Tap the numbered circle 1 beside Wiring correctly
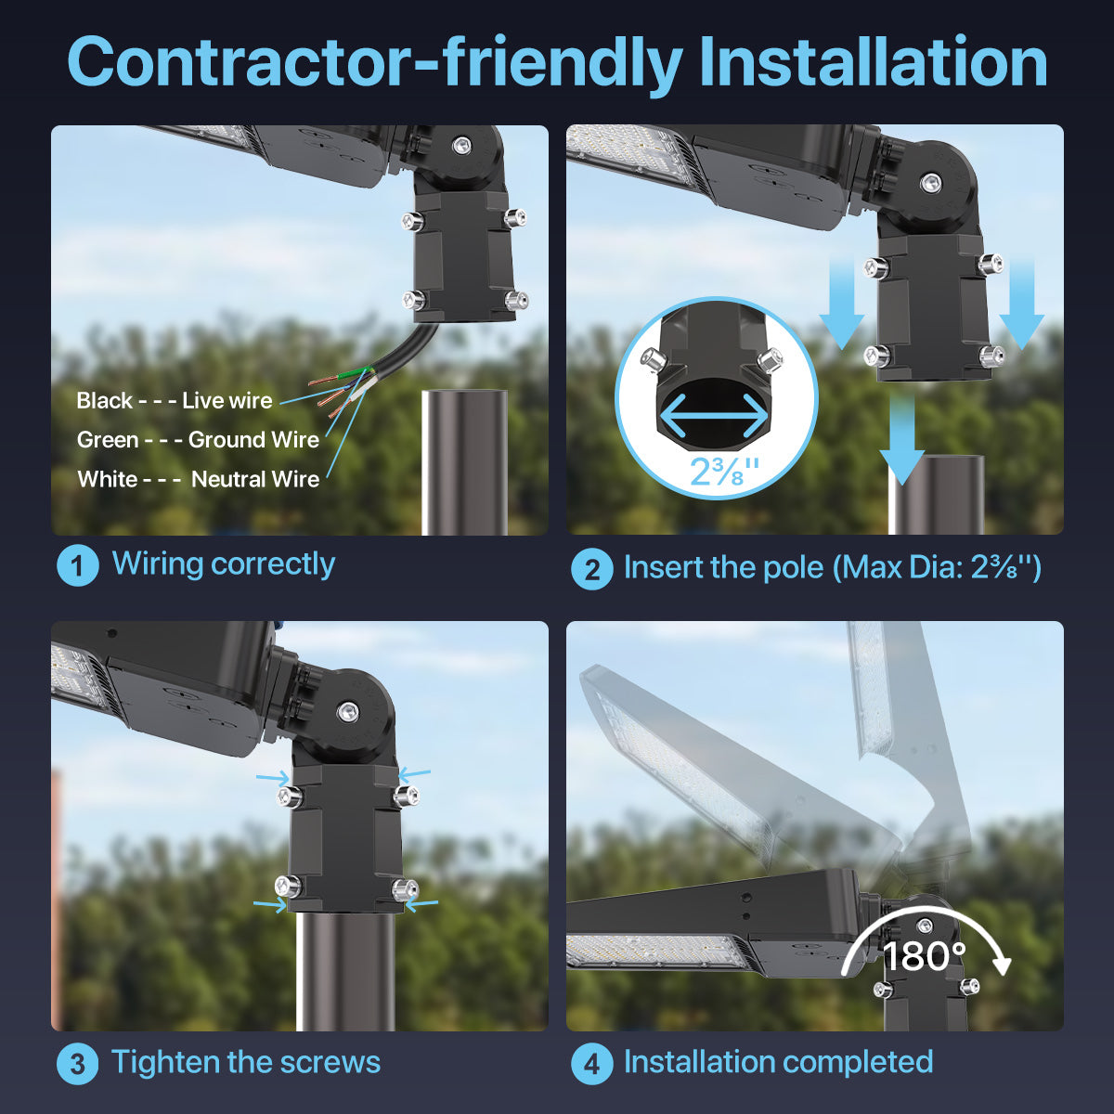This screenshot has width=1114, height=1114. click(78, 565)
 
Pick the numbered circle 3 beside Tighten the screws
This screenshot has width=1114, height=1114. click(78, 1064)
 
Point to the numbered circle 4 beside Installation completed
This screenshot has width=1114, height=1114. click(592, 1064)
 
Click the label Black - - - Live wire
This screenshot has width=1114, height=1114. click(175, 401)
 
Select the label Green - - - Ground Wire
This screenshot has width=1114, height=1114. click(198, 440)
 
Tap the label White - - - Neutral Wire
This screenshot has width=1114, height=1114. click(198, 480)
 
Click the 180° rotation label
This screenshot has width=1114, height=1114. click(924, 956)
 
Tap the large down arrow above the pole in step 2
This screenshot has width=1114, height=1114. click(901, 436)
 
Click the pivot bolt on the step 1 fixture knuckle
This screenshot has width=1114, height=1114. click(460, 145)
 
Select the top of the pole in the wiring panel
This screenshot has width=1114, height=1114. click(465, 395)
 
